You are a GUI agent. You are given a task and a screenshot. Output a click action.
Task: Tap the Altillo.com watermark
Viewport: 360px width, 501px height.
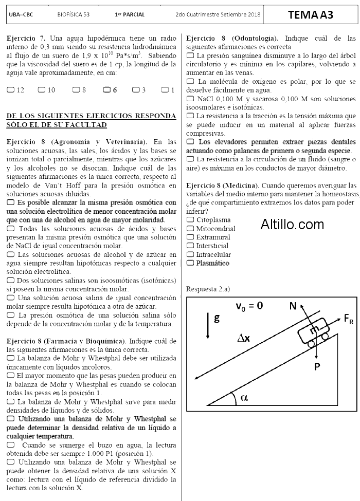tap(292, 224)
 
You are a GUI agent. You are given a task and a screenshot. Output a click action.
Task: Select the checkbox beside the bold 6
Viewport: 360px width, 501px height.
tap(106, 89)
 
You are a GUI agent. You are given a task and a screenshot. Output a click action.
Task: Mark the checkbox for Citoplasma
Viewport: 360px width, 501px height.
tap(190, 219)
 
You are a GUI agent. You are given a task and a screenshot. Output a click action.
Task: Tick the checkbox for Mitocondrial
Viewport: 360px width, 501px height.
tap(190, 228)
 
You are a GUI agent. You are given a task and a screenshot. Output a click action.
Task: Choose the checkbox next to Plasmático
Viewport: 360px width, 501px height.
tap(190, 263)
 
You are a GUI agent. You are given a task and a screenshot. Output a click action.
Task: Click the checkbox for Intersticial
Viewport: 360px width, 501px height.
tap(190, 246)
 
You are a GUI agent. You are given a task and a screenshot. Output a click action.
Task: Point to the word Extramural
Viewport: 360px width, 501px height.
tap(213, 237)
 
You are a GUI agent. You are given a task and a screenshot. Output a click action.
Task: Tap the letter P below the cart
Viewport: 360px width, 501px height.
tap(317, 366)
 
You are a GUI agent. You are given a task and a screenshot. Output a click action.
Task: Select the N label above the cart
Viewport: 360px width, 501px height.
tap(293, 306)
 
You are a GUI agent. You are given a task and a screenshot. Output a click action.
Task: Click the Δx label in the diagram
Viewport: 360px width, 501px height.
tap(244, 338)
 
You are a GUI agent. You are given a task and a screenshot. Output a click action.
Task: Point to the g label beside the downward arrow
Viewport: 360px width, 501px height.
tap(217, 318)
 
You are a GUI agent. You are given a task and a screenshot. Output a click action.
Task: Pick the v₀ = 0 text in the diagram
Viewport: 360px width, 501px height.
tap(249, 306)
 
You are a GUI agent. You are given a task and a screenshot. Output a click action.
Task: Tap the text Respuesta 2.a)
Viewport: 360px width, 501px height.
tap(208, 289)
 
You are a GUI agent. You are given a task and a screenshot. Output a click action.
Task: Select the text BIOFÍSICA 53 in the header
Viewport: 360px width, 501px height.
tap(74, 15)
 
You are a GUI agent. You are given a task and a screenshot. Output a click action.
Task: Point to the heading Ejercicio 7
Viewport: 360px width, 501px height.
tap(26, 38)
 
